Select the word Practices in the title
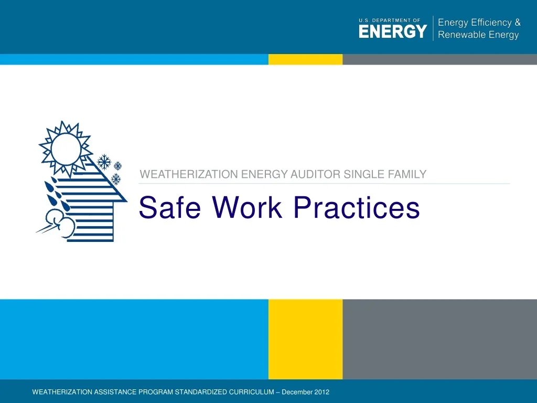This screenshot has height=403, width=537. click(357, 208)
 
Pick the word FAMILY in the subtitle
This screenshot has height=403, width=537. click(407, 174)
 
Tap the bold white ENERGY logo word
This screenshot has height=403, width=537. click(393, 31)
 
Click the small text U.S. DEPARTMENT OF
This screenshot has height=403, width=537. click(389, 20)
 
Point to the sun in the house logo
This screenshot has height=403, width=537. click(66, 149)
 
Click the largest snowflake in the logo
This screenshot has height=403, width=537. click(105, 162)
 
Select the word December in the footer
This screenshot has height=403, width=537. click(297, 392)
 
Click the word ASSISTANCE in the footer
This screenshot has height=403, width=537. click(115, 392)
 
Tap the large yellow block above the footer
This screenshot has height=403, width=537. click(305, 338)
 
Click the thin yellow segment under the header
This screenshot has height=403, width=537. click(305, 59)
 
